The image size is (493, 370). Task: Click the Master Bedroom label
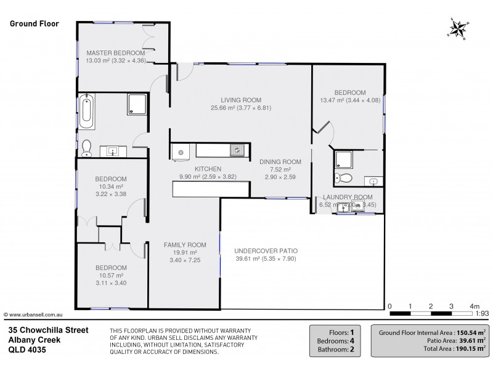click(116, 53)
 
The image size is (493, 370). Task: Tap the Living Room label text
click(241, 100)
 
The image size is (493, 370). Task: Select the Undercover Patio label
click(266, 251)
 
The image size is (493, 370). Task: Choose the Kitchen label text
click(208, 169)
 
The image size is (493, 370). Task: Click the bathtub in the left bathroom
click(87, 112)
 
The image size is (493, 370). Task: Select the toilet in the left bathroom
click(87, 147)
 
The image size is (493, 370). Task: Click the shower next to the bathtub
click(137, 105)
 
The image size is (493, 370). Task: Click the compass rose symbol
click(458, 28)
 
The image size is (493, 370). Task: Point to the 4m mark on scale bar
click(475, 306)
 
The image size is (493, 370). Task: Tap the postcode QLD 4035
click(26, 349)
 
